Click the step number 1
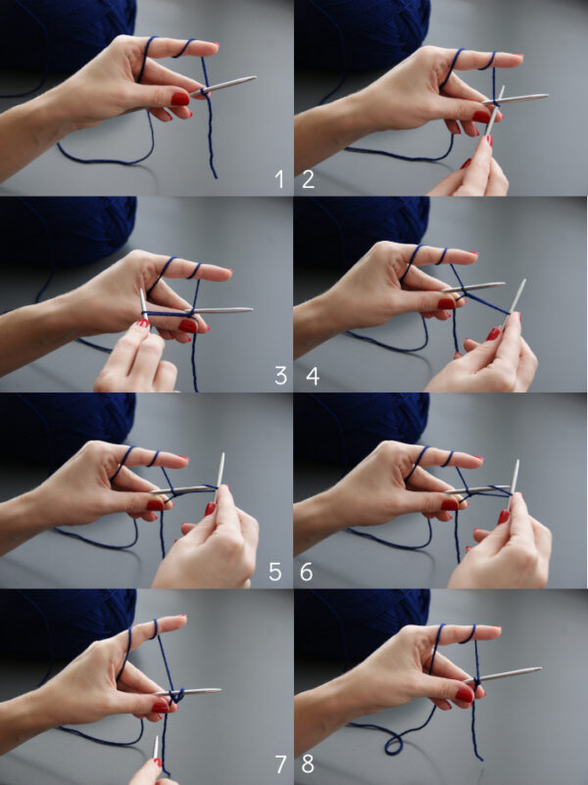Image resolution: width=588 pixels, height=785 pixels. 279,179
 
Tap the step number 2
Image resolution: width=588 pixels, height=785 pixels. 308,179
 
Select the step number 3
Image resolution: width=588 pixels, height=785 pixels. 280,376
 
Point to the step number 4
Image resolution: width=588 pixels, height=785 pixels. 313,376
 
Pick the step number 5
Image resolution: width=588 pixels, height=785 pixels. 275,572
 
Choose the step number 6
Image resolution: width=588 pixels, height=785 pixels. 307,572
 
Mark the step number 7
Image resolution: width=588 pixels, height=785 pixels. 280,764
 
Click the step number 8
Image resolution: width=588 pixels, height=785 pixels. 308,764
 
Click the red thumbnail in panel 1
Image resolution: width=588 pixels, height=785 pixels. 180,99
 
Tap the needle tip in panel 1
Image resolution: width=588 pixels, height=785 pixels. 255,77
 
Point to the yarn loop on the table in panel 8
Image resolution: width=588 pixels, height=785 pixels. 394,745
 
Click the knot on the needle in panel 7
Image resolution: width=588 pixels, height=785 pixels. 176,695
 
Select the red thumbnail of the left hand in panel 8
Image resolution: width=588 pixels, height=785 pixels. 465,695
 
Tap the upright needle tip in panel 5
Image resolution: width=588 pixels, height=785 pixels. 222,454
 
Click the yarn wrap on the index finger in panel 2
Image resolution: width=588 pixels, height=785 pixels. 489,61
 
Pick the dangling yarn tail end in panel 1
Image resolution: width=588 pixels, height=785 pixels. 216,176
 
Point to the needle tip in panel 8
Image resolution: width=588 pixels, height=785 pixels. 540,668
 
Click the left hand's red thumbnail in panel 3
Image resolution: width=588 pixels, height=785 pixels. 187,326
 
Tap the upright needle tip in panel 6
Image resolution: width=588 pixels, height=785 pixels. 517,462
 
